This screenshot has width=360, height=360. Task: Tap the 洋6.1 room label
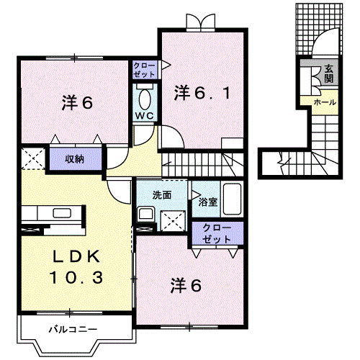click(x=202, y=92)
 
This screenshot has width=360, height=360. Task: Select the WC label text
click(x=143, y=115)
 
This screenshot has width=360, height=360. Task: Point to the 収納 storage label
click(x=76, y=159)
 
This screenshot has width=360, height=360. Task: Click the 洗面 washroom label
click(x=161, y=194)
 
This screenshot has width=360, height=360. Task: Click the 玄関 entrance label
click(x=328, y=73)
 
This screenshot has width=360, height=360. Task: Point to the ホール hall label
click(x=324, y=103)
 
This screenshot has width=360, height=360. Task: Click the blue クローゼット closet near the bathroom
click(x=218, y=233)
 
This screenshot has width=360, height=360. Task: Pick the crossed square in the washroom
click(x=173, y=219)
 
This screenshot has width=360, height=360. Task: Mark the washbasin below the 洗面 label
click(x=146, y=215)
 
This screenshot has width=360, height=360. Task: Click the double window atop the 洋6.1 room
click(x=196, y=24)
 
